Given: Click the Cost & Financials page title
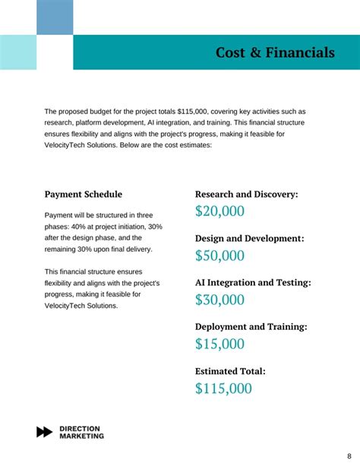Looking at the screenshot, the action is [x=275, y=52].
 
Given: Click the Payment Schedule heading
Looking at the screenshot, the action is [x=84, y=195].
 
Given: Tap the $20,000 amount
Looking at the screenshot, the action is [x=219, y=212].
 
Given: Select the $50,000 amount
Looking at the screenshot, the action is [x=219, y=256].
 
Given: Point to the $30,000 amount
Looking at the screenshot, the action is [x=219, y=300].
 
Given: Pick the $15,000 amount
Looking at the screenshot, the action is [x=219, y=344].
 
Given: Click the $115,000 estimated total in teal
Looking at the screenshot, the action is [x=223, y=388].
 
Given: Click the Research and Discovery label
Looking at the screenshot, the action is [x=247, y=195].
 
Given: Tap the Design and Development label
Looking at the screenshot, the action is [x=249, y=239].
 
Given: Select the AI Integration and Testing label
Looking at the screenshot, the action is [x=253, y=283].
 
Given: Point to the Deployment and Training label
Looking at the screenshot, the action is [x=251, y=327].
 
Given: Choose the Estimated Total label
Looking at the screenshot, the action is [x=230, y=372].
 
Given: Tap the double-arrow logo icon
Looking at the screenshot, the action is [x=45, y=432].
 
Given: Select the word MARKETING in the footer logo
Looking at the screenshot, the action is [x=82, y=436].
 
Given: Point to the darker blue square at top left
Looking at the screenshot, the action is [x=55, y=17].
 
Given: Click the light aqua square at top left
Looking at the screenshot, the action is [x=18, y=52].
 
